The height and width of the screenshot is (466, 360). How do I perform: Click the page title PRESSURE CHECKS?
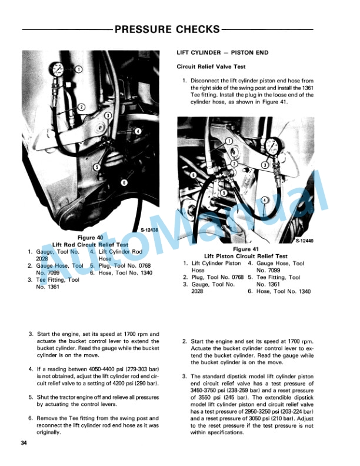[167, 29]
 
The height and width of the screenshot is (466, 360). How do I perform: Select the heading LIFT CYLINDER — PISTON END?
[222, 53]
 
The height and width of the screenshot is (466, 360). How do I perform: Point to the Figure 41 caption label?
[245, 249]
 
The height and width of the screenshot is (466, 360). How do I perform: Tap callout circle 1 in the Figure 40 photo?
[79, 69]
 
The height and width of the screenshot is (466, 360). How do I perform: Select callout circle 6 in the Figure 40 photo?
[124, 182]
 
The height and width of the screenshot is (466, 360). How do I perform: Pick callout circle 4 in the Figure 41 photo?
[265, 199]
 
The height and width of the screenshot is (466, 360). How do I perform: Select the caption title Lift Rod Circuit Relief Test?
[89, 244]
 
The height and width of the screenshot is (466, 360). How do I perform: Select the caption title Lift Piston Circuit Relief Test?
[245, 257]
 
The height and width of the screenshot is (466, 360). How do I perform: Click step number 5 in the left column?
[31, 397]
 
